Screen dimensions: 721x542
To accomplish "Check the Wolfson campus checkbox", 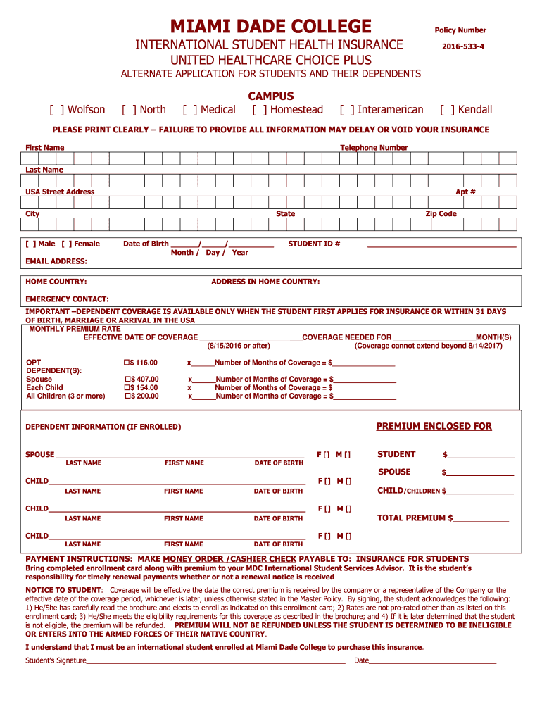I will click(56, 110).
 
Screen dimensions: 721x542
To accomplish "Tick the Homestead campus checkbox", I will click(259, 110).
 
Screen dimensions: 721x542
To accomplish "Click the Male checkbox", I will click(31, 244).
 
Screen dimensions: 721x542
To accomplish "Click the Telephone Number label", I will click(374, 148).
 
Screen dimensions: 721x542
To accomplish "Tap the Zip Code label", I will click(441, 214).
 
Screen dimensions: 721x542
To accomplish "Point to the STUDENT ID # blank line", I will click(441, 246).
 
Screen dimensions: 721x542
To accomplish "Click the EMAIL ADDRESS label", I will click(56, 261).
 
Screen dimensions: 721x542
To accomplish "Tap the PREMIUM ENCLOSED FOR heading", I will click(434, 427).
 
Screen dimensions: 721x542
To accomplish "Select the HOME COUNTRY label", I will click(56, 282).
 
